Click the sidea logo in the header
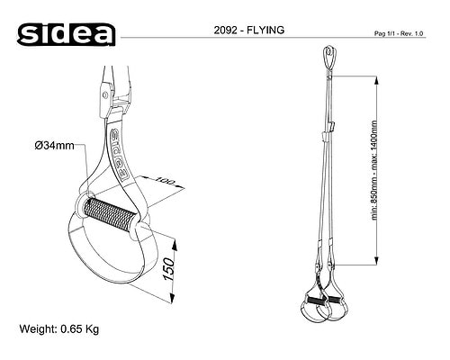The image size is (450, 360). pos(66,34)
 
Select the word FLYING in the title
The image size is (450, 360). pos(265,30)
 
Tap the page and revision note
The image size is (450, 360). pos(399,33)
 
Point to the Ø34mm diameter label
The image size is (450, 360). pos(54,146)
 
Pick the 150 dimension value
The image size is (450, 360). pos(168,269)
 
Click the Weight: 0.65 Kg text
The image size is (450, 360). pos(59,329)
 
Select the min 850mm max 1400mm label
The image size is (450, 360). pos(374,170)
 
